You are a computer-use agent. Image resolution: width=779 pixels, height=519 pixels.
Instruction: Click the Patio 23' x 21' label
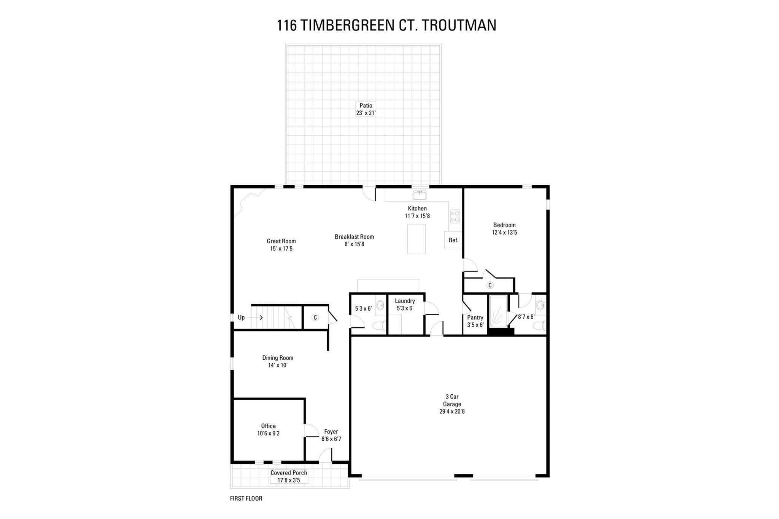[366, 109]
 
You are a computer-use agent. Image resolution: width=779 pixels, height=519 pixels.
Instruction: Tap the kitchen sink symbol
[420, 195]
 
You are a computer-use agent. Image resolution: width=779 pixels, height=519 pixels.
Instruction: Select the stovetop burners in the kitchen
[455, 216]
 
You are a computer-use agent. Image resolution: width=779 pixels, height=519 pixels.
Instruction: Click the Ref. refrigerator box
[453, 240]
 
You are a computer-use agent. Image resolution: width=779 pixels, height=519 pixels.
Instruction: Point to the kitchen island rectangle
[417, 239]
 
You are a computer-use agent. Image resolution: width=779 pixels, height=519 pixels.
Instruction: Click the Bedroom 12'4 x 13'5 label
[504, 229]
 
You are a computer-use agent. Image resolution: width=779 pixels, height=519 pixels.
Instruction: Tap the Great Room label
[281, 244]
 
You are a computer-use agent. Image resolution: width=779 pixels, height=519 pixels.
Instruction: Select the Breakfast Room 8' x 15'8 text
[354, 240]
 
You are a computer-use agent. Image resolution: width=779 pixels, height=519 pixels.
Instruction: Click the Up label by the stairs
[241, 317]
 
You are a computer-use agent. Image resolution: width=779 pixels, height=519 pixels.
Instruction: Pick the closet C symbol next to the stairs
[315, 317]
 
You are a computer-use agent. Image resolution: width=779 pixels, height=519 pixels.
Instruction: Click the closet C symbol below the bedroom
[490, 285]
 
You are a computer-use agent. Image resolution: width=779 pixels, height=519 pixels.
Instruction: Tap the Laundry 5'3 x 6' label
[405, 305]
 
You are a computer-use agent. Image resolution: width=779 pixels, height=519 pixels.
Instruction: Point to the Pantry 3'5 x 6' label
[475, 321]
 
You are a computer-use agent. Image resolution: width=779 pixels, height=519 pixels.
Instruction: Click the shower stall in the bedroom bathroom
[498, 311]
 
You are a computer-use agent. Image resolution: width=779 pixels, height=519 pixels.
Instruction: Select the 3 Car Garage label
[452, 404]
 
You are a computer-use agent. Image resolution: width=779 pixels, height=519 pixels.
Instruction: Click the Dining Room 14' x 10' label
[278, 361]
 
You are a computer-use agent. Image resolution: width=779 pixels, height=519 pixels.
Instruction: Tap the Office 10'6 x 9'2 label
[268, 429]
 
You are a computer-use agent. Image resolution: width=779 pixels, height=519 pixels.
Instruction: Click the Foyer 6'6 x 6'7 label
[331, 435]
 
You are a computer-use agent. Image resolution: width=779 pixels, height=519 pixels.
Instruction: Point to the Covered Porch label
[289, 476]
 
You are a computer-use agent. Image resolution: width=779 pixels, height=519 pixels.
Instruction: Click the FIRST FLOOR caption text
[246, 498]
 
